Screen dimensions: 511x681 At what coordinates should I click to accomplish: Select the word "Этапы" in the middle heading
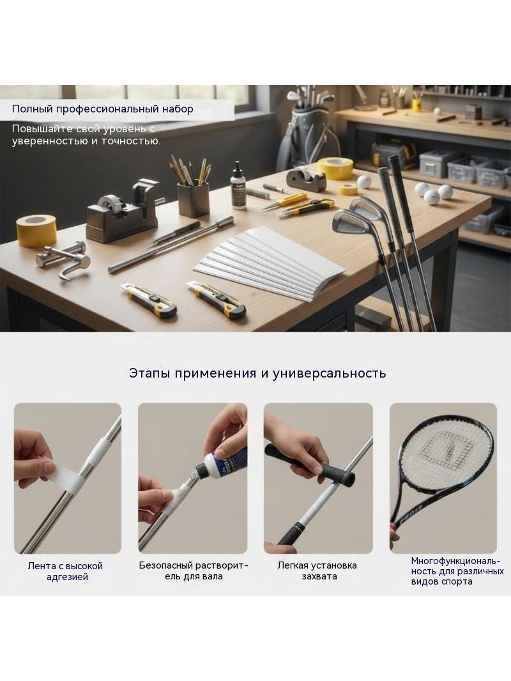(149, 374)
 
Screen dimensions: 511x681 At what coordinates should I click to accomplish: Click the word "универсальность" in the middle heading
(330, 374)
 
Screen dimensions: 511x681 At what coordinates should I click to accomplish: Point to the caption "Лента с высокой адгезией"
(66, 571)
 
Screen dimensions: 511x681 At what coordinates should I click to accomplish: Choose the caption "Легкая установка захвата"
(317, 570)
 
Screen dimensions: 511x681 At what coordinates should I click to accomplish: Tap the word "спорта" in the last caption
(457, 581)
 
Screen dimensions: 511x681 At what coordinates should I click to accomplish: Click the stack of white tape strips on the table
(269, 263)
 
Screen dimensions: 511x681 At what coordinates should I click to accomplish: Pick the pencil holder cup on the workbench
(193, 199)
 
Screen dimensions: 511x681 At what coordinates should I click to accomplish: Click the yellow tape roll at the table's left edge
(36, 231)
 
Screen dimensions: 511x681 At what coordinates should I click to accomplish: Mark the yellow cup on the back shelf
(416, 105)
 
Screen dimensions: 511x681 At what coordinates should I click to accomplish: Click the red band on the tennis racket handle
(393, 528)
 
